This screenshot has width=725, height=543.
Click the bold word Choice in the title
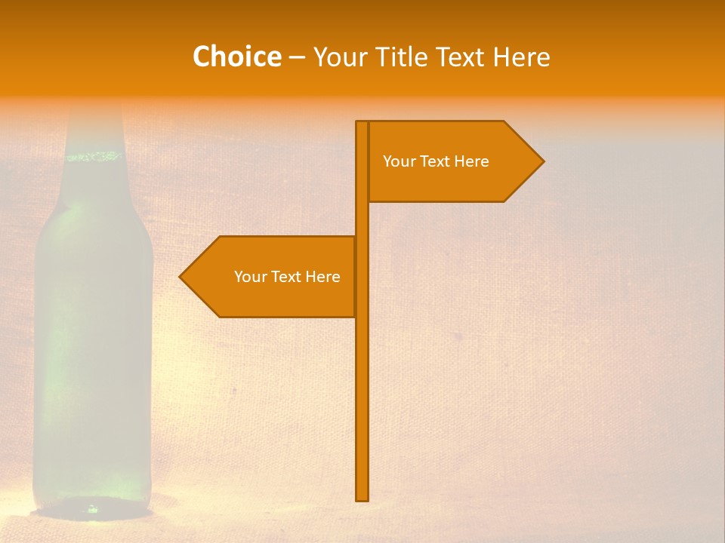(236, 57)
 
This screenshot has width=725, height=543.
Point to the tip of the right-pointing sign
(542, 161)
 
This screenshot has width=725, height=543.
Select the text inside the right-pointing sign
(436, 161)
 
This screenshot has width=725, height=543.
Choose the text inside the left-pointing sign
(287, 277)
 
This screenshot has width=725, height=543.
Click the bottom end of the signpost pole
(362, 498)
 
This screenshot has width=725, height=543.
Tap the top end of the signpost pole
(362, 123)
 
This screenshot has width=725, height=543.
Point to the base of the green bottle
(92, 508)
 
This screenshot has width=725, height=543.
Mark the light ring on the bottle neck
(94, 157)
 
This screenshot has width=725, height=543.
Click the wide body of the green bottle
(92, 339)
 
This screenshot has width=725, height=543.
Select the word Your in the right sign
(398, 161)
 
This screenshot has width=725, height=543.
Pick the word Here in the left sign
(322, 277)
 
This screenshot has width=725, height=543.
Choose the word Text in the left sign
(285, 277)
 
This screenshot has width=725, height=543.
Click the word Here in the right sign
(471, 161)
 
